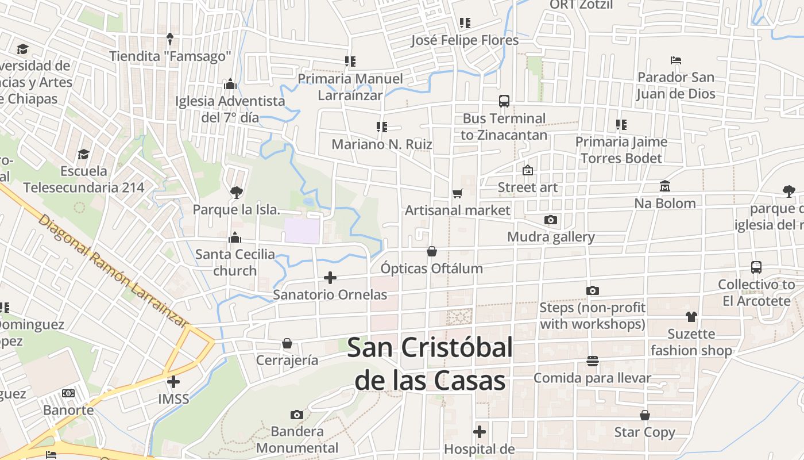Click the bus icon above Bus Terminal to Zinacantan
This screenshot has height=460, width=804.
504,101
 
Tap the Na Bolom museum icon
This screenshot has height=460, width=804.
665,186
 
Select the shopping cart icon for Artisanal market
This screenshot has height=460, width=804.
457,193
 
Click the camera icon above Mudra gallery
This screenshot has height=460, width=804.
550,220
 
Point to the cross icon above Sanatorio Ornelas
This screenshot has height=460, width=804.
330,278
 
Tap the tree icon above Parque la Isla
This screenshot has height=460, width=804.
236,193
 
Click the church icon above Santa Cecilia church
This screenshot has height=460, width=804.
234,237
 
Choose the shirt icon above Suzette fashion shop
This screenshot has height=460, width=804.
691,317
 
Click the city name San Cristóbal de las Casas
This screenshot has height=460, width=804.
430,363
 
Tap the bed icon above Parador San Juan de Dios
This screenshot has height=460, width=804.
676,60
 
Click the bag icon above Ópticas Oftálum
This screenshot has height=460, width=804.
432,251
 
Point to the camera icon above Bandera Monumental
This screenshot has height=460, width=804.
297,415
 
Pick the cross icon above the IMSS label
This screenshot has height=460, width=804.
173,381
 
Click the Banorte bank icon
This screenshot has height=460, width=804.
68,393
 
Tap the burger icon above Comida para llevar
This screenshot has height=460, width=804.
593,361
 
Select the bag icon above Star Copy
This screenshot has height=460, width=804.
645,415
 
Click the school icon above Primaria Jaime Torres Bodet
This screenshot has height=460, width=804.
621,124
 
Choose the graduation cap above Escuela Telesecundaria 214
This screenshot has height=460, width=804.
84,154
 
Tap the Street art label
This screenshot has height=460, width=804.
528,187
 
